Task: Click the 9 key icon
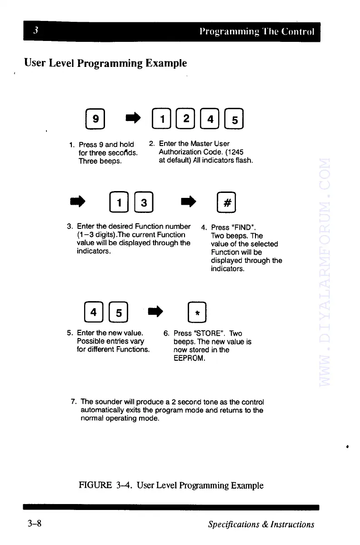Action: (95, 119)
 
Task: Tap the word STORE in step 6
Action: (201, 333)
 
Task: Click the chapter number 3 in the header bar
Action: (35, 31)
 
